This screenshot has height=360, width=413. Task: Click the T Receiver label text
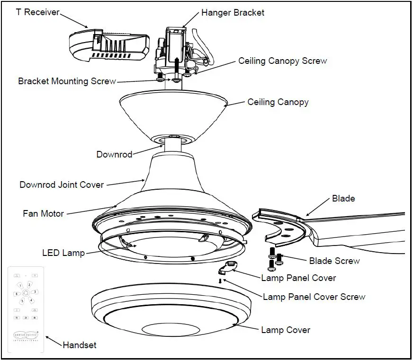(x=37, y=12)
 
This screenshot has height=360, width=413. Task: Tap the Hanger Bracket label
(x=233, y=13)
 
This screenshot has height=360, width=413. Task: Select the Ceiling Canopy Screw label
(x=282, y=61)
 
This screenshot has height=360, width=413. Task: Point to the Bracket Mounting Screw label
(x=67, y=81)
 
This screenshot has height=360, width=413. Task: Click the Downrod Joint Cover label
(x=62, y=184)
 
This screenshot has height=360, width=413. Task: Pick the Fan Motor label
(x=43, y=213)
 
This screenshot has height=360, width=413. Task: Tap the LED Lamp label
(x=63, y=253)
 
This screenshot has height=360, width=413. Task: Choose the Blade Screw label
(x=334, y=261)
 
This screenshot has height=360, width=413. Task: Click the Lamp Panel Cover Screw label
(x=314, y=297)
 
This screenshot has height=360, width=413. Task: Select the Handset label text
(x=80, y=345)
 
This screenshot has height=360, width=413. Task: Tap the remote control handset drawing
(x=26, y=310)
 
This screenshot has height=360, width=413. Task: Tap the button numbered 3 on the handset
(x=35, y=292)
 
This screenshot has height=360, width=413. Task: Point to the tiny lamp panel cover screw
(x=220, y=281)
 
